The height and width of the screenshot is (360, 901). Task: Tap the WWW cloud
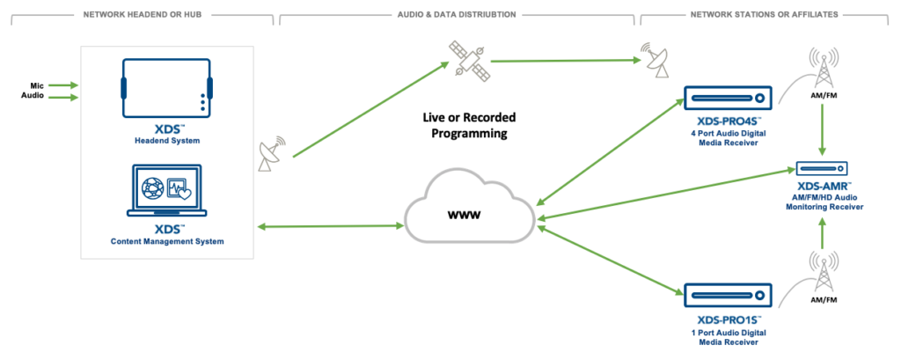point(471,215)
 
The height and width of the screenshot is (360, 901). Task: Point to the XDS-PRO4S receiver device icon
point(728,98)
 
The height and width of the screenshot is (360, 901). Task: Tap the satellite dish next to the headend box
point(270,155)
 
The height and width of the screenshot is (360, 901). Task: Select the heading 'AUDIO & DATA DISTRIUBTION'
point(458,15)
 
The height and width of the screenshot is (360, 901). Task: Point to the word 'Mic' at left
point(29,85)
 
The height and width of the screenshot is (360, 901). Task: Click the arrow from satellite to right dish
point(563,61)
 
